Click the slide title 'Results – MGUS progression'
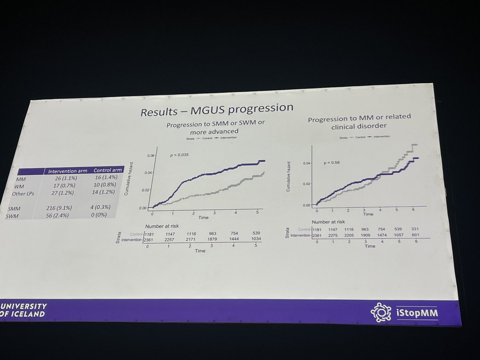(x=216, y=110)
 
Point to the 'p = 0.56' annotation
(x=332, y=163)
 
